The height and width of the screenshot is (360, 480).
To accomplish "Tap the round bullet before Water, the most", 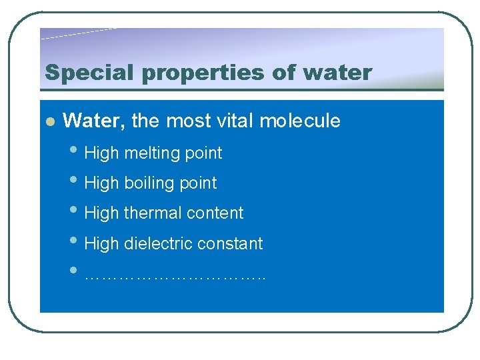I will tap(49, 121).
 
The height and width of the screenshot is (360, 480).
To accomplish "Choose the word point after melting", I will tap(203, 153).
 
